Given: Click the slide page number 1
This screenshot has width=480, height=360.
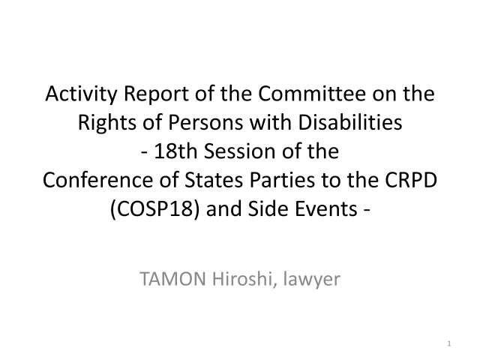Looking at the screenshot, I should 447,344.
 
